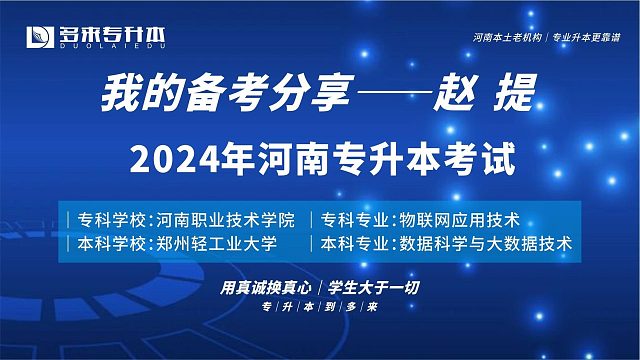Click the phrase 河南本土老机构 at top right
pyautogui.click(x=512, y=36)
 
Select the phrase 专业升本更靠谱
pyautogui.click(x=594, y=36)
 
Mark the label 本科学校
pyautogui.click(x=108, y=243)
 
